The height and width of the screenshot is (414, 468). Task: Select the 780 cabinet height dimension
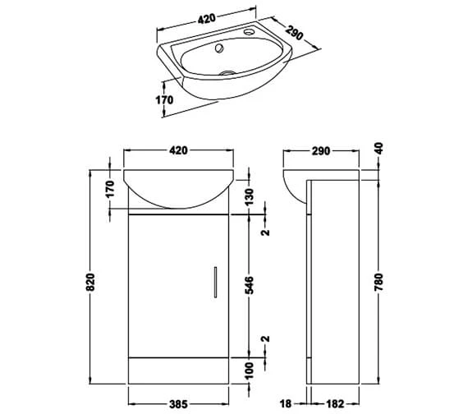pyautogui.click(x=379, y=283)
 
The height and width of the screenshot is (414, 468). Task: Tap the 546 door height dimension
pyautogui.click(x=250, y=284)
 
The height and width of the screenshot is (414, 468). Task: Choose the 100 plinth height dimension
pyautogui.click(x=250, y=374)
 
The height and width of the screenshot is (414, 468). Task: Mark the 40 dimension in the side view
pyautogui.click(x=379, y=152)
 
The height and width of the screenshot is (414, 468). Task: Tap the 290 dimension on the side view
pyautogui.click(x=321, y=151)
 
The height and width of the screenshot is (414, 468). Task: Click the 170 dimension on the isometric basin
pyautogui.click(x=164, y=100)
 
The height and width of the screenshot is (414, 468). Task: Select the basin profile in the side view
pyautogui.click(x=296, y=185)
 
